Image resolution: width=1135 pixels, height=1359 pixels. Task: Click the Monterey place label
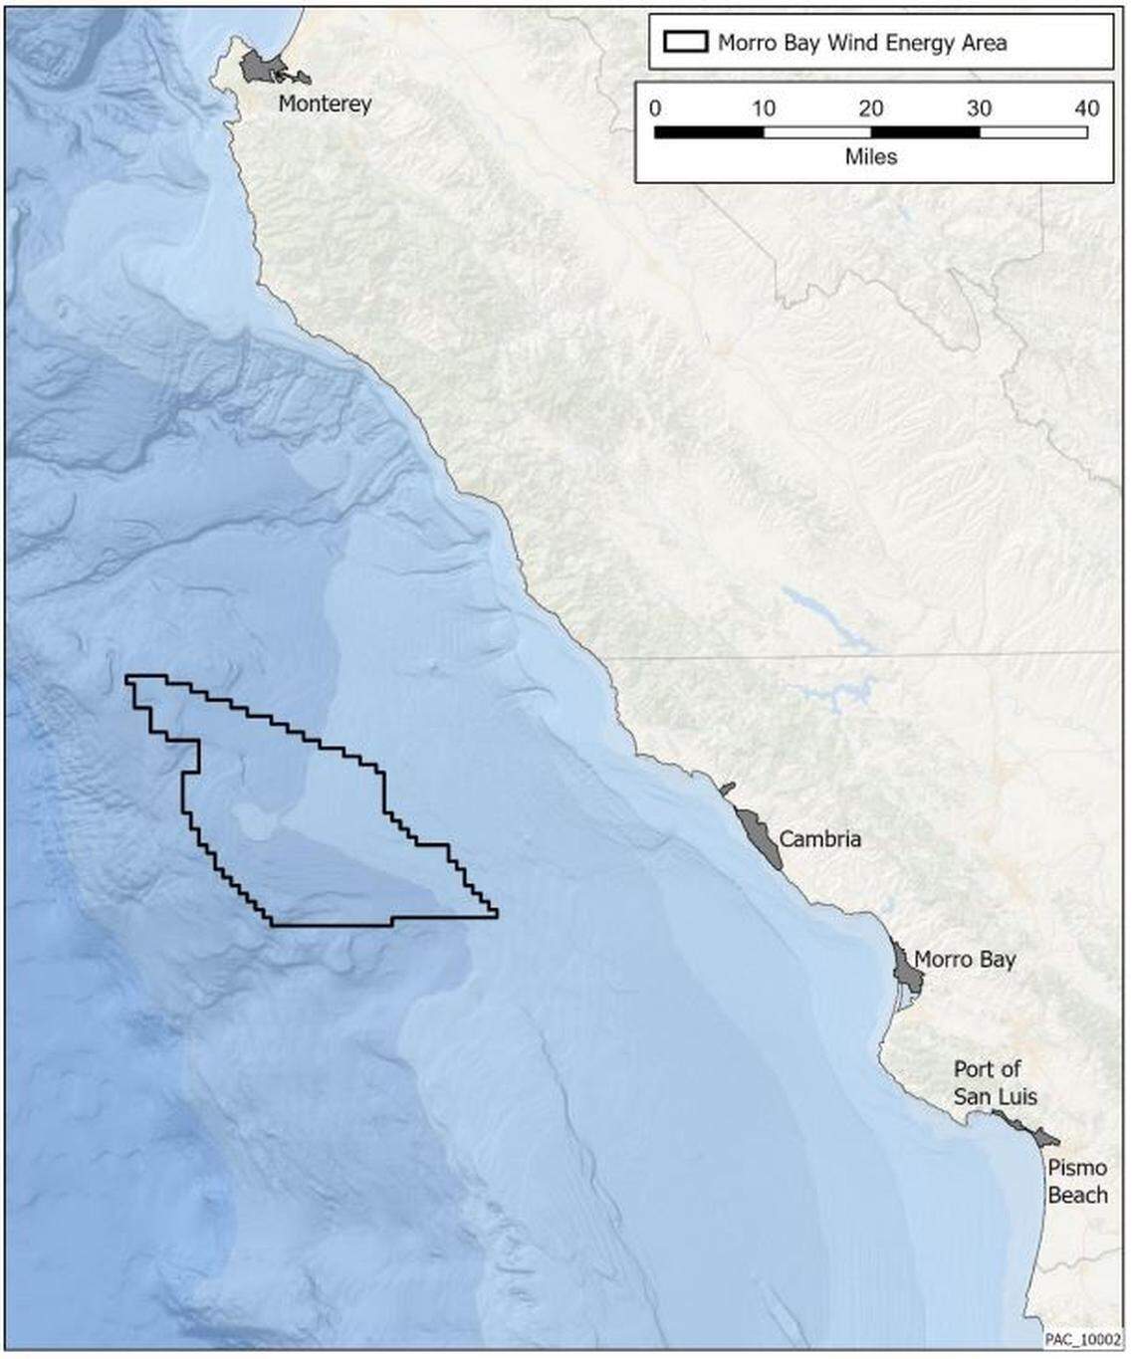[x=325, y=104]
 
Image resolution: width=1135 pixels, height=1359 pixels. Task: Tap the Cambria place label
[x=819, y=839]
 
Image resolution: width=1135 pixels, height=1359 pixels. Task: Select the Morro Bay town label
[x=964, y=960]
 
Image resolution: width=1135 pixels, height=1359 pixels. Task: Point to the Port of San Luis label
[x=995, y=1083]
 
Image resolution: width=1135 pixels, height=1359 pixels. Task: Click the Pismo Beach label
[x=1077, y=1182]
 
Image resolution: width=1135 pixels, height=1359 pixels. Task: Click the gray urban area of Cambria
[x=759, y=836]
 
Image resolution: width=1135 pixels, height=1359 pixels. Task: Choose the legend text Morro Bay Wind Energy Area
[x=862, y=43]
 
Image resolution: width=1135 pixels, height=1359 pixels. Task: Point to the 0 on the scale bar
[x=654, y=109]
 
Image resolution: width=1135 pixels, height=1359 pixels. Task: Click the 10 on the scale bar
[x=763, y=109]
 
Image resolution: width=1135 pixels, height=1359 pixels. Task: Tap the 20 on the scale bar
[x=871, y=109]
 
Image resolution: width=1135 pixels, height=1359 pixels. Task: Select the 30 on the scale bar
[x=979, y=109]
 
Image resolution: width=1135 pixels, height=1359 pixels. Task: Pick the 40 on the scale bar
[x=1087, y=109]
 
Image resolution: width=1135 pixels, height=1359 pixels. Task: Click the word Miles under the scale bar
[x=870, y=156]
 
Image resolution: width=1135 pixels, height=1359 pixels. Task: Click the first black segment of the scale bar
[x=708, y=131]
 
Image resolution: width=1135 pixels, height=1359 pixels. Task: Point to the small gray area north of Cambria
[x=727, y=789]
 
